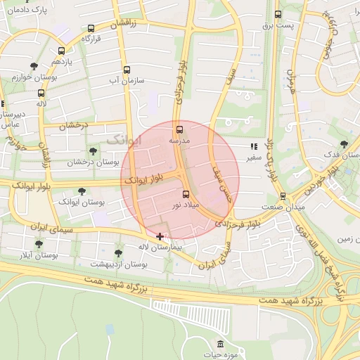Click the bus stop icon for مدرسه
point(179,129)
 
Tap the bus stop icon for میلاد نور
point(186,194)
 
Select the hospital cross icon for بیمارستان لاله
point(160,237)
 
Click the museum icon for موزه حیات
point(221,344)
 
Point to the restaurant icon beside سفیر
point(253,147)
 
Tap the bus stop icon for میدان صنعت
point(283,196)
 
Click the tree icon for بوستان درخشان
point(93,151)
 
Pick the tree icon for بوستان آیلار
point(39,244)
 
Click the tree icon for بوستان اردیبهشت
point(118,252)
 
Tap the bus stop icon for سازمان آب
point(127,70)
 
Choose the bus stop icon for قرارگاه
point(91,29)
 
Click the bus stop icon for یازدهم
point(62,51)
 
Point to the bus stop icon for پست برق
point(278,14)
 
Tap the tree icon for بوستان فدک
point(343,143)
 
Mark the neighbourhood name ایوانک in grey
point(124,141)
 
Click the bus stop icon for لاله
point(41,93)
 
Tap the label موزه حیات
point(221,355)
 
